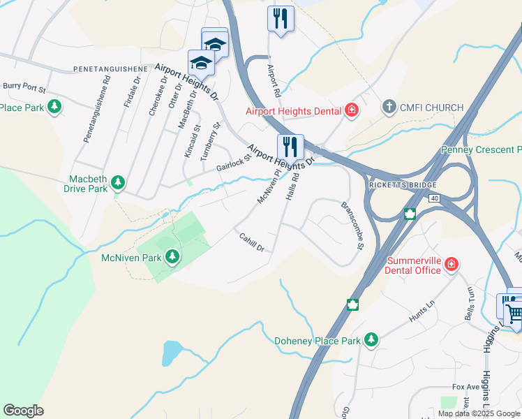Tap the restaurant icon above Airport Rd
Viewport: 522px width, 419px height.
[x=281, y=19]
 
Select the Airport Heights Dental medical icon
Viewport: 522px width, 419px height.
[x=352, y=110]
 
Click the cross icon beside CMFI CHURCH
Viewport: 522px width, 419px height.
[x=389, y=108]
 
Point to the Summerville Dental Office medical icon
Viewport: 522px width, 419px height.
[x=452, y=265]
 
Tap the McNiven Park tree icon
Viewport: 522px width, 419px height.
[x=172, y=258]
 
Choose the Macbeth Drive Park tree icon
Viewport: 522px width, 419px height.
[x=119, y=183]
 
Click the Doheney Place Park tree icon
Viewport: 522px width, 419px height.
[x=371, y=340]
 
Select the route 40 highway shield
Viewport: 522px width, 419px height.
[x=435, y=199]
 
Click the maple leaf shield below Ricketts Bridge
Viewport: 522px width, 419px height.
[x=410, y=214]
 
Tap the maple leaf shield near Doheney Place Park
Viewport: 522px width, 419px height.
[x=353, y=305]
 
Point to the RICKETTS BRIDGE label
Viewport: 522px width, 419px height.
[x=403, y=185]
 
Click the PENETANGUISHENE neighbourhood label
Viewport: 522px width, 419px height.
[x=110, y=70]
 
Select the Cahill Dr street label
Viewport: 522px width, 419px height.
[x=251, y=243]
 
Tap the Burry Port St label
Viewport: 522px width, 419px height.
[x=24, y=89]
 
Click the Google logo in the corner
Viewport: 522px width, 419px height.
[x=23, y=411]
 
